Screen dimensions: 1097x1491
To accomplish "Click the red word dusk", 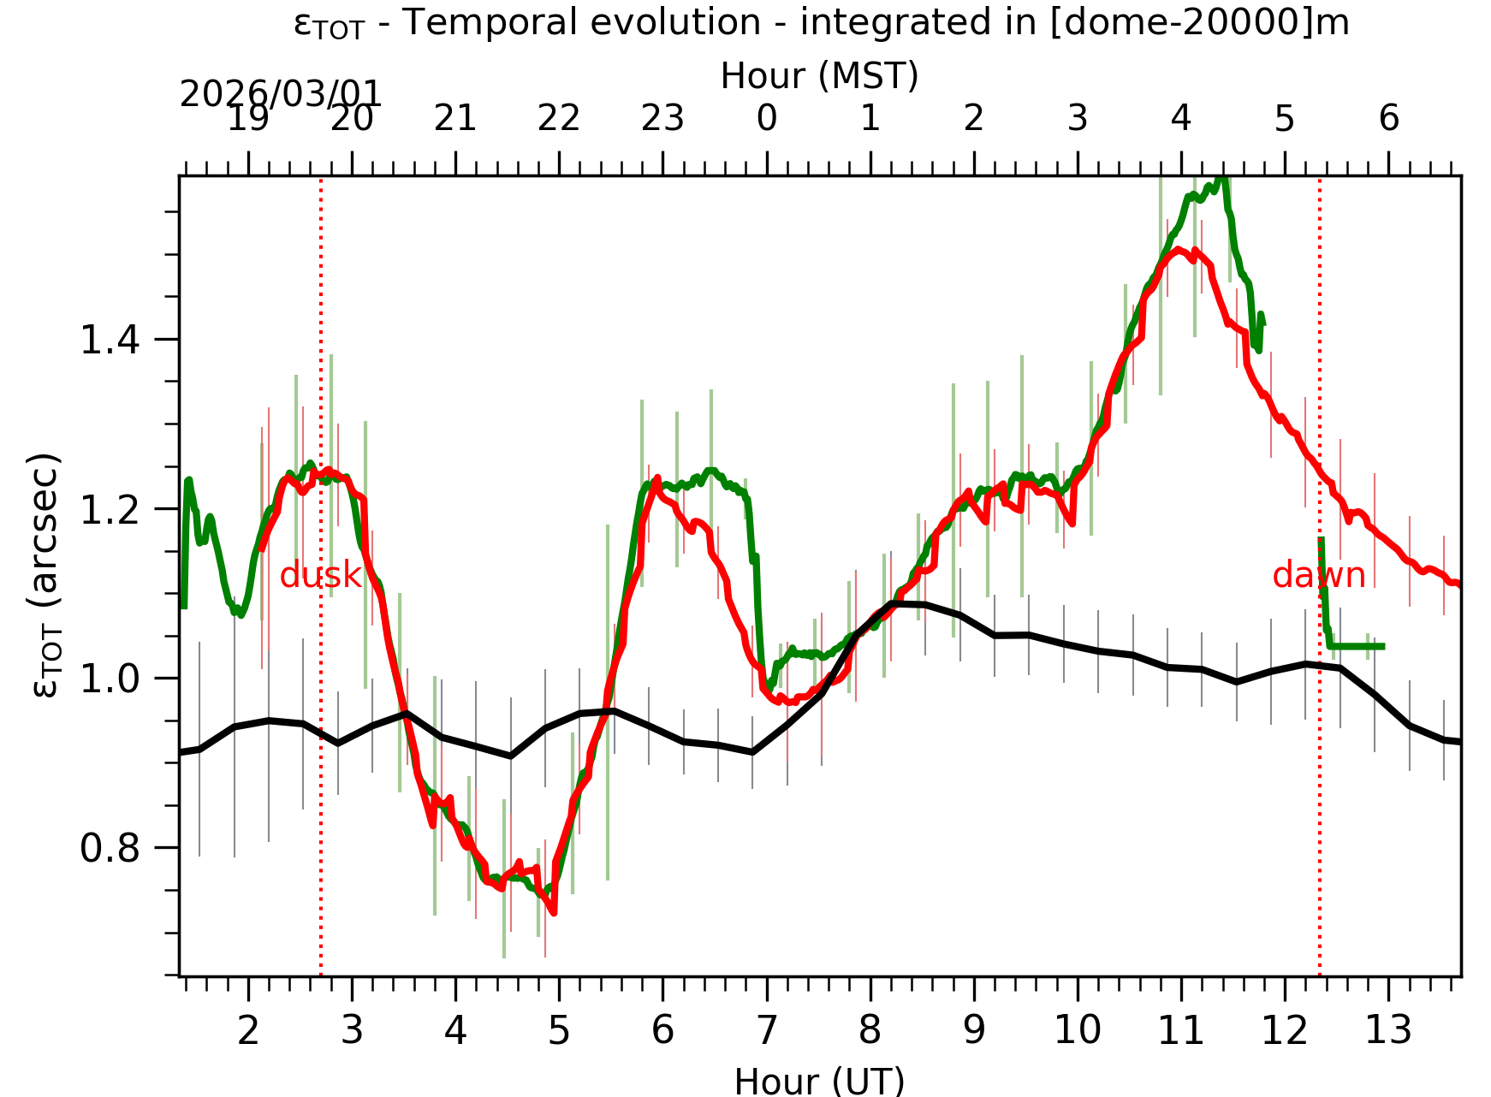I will point(321,575).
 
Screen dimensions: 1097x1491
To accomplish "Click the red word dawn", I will point(1318,575).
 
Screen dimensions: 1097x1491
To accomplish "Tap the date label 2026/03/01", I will point(280,94).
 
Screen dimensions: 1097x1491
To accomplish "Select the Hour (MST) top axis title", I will point(819,75).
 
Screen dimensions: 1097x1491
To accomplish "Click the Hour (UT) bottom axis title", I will point(819,1081).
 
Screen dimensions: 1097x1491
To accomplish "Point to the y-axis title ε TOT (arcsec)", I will point(47,575).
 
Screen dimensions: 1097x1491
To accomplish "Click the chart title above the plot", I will point(821,23).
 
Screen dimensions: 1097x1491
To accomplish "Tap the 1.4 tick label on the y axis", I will point(110,341).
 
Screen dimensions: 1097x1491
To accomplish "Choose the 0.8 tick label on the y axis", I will point(110,849).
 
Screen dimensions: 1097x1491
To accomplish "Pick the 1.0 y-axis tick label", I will point(110,679).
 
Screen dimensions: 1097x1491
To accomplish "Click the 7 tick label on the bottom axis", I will point(767,1030).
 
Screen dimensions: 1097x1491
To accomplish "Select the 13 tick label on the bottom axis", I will point(1387,1030).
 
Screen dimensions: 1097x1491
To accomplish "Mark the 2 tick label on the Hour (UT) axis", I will point(248,1030).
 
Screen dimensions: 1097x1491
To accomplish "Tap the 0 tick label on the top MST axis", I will point(767,118).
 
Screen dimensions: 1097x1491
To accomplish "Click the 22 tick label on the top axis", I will point(559,118).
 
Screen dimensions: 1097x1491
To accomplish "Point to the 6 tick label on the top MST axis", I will point(1388,118).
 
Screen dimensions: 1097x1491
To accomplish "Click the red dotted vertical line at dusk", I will point(321,770).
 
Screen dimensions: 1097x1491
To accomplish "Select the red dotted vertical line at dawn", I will point(1320,770).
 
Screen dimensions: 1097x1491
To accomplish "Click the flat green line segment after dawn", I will point(1357,646).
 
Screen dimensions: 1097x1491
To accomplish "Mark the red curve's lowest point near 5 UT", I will point(554,912).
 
